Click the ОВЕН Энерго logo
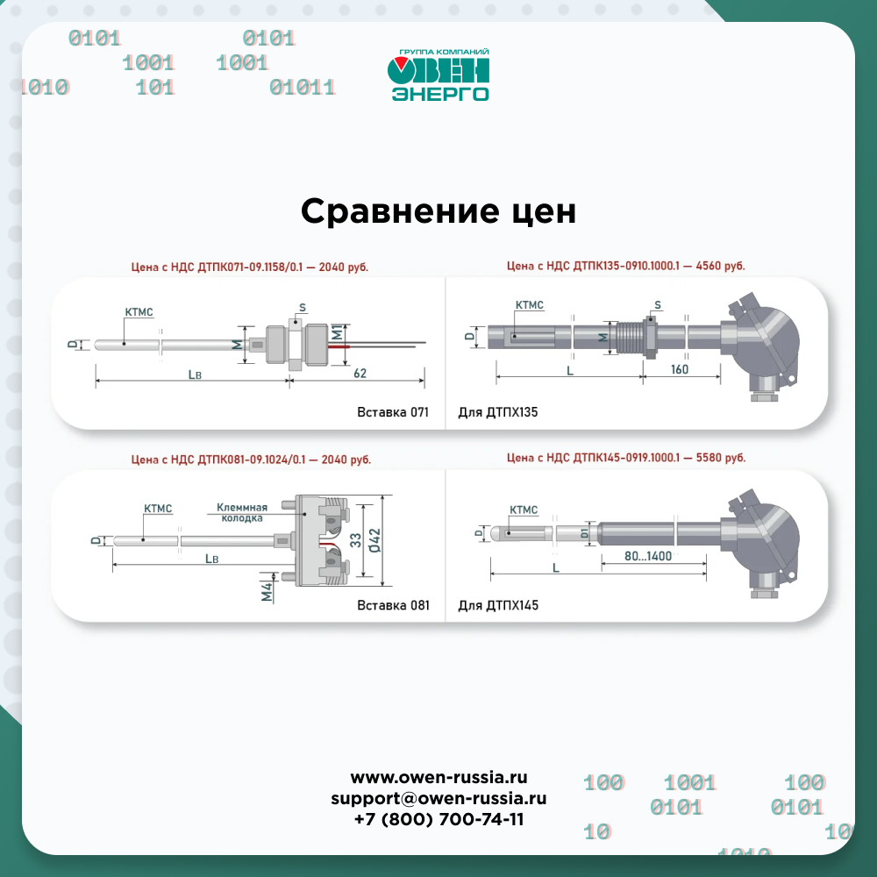pyautogui.click(x=438, y=75)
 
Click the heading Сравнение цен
pyautogui.click(x=438, y=211)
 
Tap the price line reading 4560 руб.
pyautogui.click(x=626, y=266)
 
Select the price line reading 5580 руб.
pyautogui.click(x=626, y=458)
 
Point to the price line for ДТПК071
pyautogui.click(x=249, y=267)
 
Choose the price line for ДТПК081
pyautogui.click(x=251, y=460)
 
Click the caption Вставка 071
pyautogui.click(x=393, y=412)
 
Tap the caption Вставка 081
pyautogui.click(x=393, y=605)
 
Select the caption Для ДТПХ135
pyautogui.click(x=498, y=412)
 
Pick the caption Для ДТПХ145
pyautogui.click(x=498, y=605)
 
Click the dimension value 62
pyautogui.click(x=360, y=373)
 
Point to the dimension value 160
pyautogui.click(x=680, y=369)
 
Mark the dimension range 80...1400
pyautogui.click(x=648, y=556)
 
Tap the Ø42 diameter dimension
pyautogui.click(x=374, y=540)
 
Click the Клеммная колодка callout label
pyautogui.click(x=242, y=512)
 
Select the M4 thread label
pyautogui.click(x=267, y=592)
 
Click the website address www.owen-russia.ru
pyautogui.click(x=438, y=777)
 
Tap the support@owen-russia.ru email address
pyautogui.click(x=438, y=798)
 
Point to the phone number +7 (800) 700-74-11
pyautogui.click(x=438, y=819)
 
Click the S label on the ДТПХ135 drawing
pyautogui.click(x=658, y=305)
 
